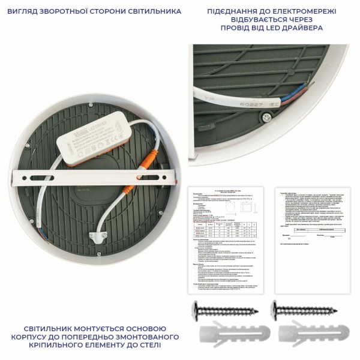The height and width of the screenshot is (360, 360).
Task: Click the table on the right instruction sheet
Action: point(312,230)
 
